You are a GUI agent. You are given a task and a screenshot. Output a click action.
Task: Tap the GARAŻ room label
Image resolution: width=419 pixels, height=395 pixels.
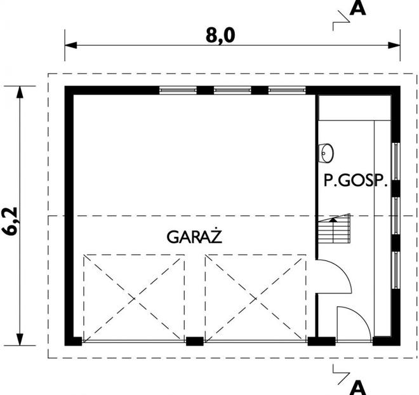194,237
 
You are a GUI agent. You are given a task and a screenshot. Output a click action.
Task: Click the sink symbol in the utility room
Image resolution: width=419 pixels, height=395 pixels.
326,152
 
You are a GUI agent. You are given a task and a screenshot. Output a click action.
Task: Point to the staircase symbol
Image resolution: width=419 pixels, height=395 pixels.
334,229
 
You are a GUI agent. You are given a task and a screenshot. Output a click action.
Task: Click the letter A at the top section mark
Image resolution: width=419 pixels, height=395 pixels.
358,9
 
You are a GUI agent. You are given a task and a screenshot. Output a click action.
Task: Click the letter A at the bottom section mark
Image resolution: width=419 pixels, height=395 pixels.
358,385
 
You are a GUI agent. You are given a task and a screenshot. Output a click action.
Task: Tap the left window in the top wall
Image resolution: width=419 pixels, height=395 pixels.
177,90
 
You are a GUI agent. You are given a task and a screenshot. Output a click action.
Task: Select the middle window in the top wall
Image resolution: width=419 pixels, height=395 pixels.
232,90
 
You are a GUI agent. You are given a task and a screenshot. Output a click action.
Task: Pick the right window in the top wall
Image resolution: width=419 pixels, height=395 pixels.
287,90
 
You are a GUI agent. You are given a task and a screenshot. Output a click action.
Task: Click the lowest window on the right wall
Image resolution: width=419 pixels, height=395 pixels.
395,270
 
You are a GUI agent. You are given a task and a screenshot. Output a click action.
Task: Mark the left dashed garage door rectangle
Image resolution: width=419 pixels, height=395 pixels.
133,297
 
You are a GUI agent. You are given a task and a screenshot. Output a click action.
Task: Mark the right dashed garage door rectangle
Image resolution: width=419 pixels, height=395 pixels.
255,297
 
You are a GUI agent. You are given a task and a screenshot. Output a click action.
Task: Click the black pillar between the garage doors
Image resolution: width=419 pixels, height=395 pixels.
194,341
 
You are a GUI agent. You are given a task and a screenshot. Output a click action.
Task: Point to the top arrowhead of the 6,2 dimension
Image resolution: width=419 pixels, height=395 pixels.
21,91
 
